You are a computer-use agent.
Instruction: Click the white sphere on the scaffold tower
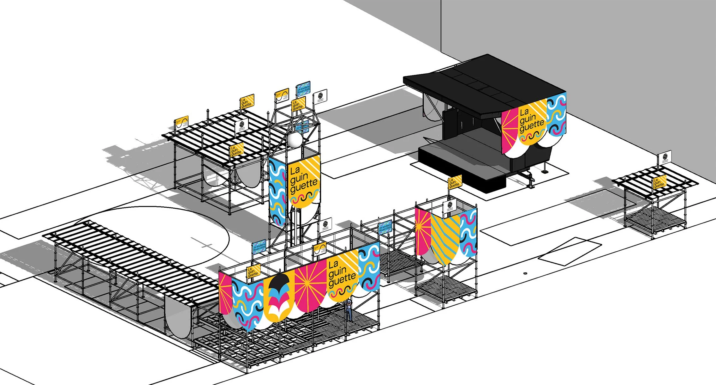click(x=295, y=140)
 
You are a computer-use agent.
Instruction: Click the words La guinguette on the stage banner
click(x=531, y=120)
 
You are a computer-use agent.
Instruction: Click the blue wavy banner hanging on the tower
click(x=277, y=193)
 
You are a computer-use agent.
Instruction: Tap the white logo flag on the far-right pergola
click(x=665, y=157)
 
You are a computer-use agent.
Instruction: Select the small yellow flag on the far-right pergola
click(x=659, y=182)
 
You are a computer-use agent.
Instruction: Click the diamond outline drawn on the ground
click(x=570, y=251)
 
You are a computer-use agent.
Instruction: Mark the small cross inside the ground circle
click(x=207, y=245)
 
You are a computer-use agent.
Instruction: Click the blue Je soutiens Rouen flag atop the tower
click(x=303, y=89)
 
